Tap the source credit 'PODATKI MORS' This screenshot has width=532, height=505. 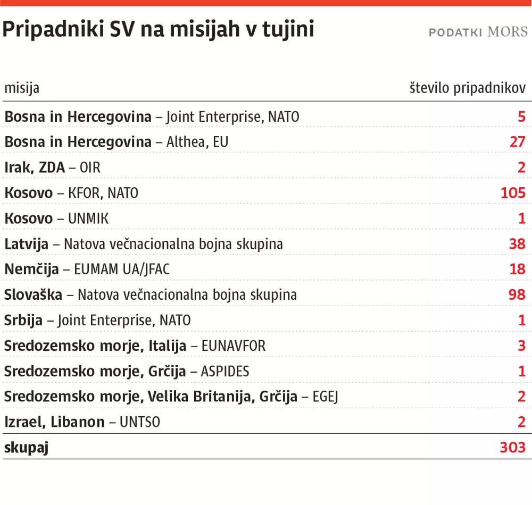[x=478, y=32]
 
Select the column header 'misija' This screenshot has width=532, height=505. [x=22, y=88]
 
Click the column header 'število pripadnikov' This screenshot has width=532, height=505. [x=468, y=88]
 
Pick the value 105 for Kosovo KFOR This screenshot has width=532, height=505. [x=513, y=192]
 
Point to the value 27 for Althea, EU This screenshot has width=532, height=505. [x=517, y=142]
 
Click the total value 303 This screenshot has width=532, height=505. [x=513, y=448]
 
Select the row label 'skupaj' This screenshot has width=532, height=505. [x=27, y=448]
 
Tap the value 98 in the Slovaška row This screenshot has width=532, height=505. [x=517, y=294]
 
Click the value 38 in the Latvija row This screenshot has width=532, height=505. [x=517, y=243]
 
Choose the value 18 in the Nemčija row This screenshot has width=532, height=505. [x=517, y=269]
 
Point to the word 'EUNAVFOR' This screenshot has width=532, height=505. [x=234, y=346]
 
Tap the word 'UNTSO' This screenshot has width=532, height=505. [x=140, y=422]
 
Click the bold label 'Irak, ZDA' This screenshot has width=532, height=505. [x=35, y=167]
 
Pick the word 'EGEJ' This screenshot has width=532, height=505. [x=326, y=397]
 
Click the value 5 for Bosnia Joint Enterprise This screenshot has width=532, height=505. [x=521, y=116]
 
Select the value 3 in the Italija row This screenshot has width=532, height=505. [x=521, y=346]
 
